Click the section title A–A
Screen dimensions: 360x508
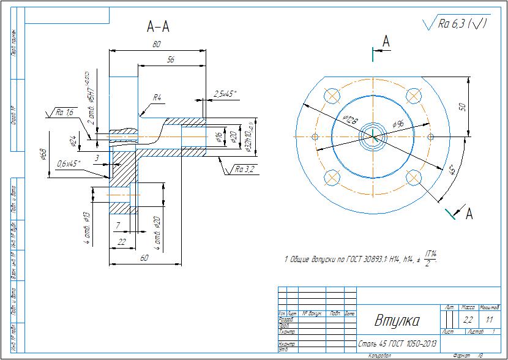pos(158,26)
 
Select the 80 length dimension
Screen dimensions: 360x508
pos(157,45)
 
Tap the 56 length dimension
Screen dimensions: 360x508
pos(170,59)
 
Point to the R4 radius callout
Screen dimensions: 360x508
pos(157,98)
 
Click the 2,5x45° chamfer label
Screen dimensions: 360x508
pos(225,94)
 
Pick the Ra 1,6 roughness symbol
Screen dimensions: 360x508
pos(63,113)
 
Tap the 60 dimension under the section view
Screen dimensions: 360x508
pos(144,259)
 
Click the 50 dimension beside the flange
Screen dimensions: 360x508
pos(463,107)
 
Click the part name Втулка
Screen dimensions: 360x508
pos(397,320)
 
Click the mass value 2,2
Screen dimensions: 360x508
pos(468,320)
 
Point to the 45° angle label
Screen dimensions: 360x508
pos(452,170)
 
